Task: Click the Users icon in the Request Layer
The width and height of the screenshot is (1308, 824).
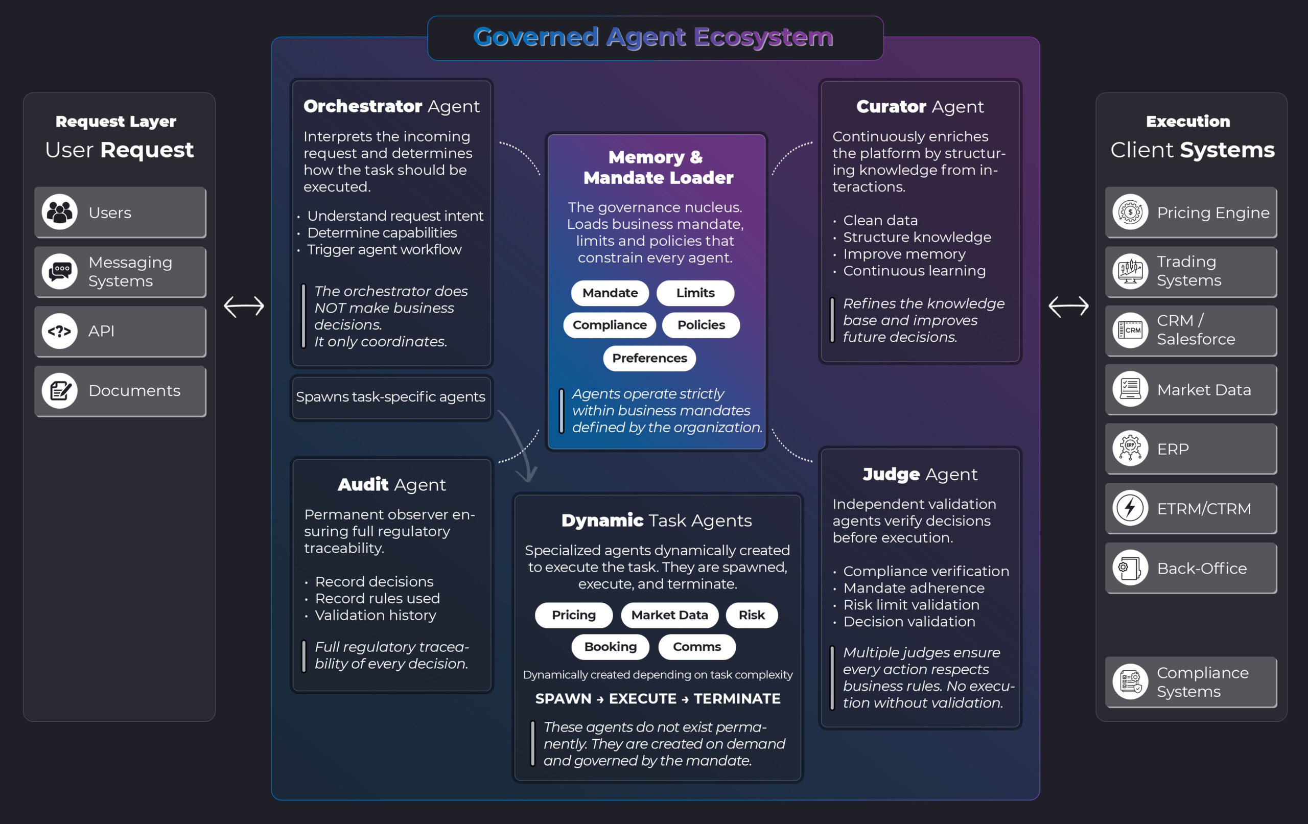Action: (60, 212)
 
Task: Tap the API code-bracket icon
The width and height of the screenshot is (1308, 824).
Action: (60, 331)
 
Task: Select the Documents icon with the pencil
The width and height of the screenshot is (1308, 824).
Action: (60, 391)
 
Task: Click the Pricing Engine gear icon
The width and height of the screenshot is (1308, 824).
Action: (1130, 212)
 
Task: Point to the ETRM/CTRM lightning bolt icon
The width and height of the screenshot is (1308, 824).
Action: (1130, 508)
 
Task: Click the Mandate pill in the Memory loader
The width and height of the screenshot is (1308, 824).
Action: (610, 293)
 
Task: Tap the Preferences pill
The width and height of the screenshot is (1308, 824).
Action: (649, 358)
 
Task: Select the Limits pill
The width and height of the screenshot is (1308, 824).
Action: (695, 293)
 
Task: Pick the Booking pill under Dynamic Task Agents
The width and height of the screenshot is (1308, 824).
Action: (610, 646)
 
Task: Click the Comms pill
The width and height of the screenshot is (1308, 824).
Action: (696, 646)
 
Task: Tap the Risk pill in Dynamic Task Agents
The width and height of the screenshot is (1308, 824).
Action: (751, 615)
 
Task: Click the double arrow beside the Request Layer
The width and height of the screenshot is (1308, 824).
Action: (244, 307)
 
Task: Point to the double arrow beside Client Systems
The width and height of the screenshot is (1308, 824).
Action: (1068, 307)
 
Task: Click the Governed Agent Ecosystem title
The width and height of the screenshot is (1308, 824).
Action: (653, 37)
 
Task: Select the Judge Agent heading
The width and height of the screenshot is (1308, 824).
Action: (920, 474)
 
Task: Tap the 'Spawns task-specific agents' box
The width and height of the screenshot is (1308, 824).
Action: (390, 397)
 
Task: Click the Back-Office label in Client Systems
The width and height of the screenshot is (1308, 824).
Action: (1202, 568)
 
